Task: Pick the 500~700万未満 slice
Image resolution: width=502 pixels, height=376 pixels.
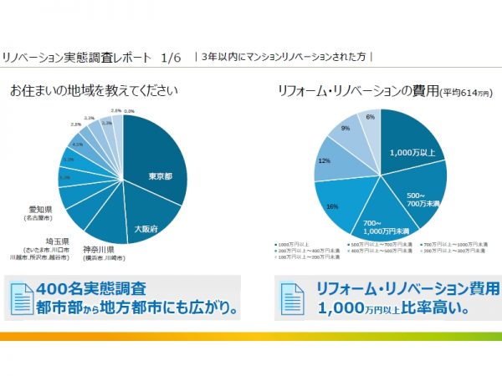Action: coord(415,197)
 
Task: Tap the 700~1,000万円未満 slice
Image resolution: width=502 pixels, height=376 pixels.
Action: coord(386,224)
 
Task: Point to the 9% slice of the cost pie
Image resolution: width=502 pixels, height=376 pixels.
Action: coord(345,129)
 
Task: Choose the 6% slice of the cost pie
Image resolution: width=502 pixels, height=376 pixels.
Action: coord(369,118)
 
